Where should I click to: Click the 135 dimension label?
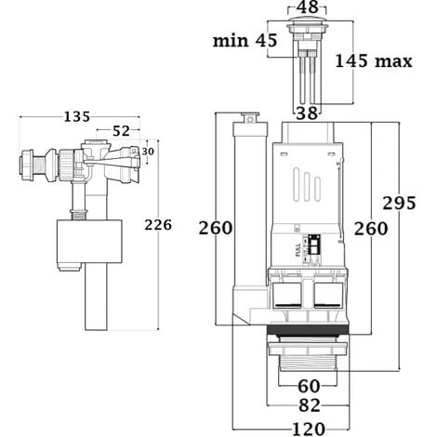point(77,117)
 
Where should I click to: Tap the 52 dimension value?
point(121,131)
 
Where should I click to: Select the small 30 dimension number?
point(148,152)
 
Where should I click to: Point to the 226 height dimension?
point(158,225)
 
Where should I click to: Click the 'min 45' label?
point(245,40)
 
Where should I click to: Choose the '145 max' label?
point(374,60)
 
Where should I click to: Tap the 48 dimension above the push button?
point(307,7)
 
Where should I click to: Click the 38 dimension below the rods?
point(307,113)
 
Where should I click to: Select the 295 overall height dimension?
point(399,204)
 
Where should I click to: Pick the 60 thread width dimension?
point(309,386)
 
